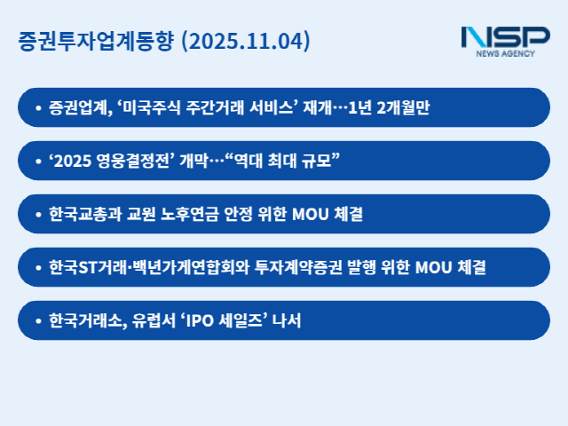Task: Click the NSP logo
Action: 505,36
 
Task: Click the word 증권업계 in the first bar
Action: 80,107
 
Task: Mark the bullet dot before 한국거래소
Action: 38,320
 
